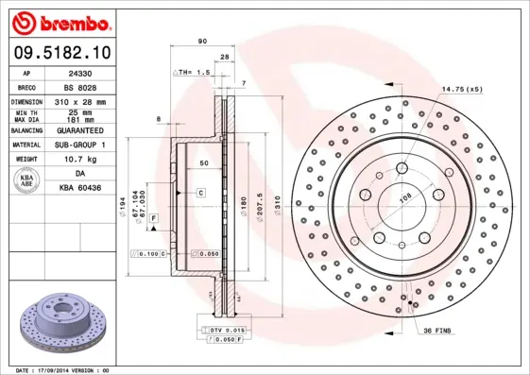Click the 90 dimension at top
coord(202,42)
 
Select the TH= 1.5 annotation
coord(195,73)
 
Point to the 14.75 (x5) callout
coord(461,90)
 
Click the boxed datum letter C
coord(200,193)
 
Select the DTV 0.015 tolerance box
coord(224,328)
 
